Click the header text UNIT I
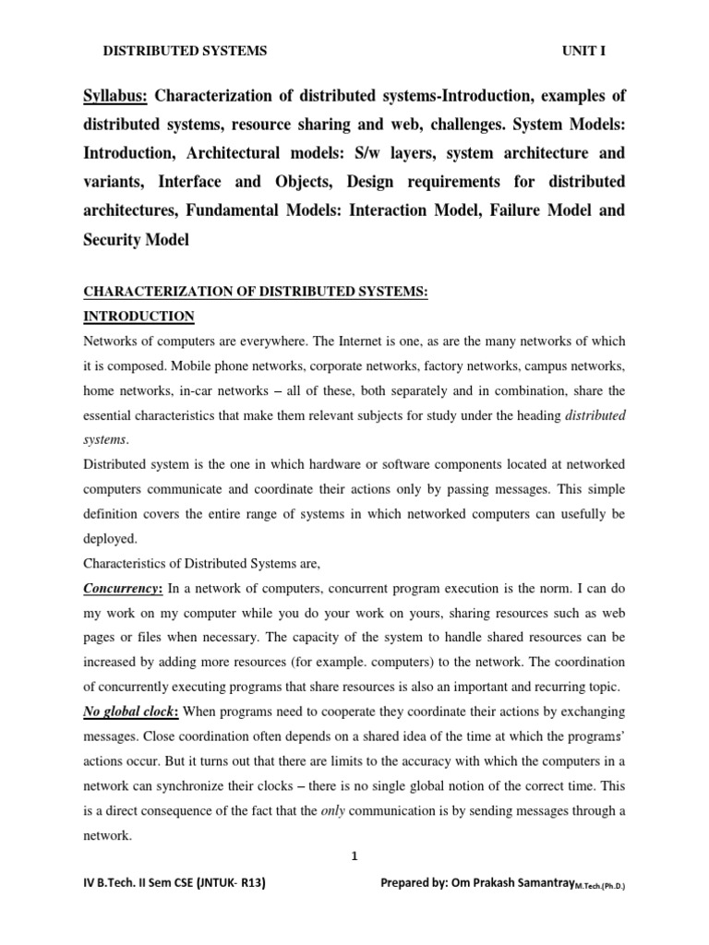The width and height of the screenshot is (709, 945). click(583, 52)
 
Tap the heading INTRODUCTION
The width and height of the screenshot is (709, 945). click(138, 317)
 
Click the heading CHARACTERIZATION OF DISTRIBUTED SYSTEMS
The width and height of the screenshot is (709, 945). click(256, 293)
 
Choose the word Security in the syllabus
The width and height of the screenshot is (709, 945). click(117, 239)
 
